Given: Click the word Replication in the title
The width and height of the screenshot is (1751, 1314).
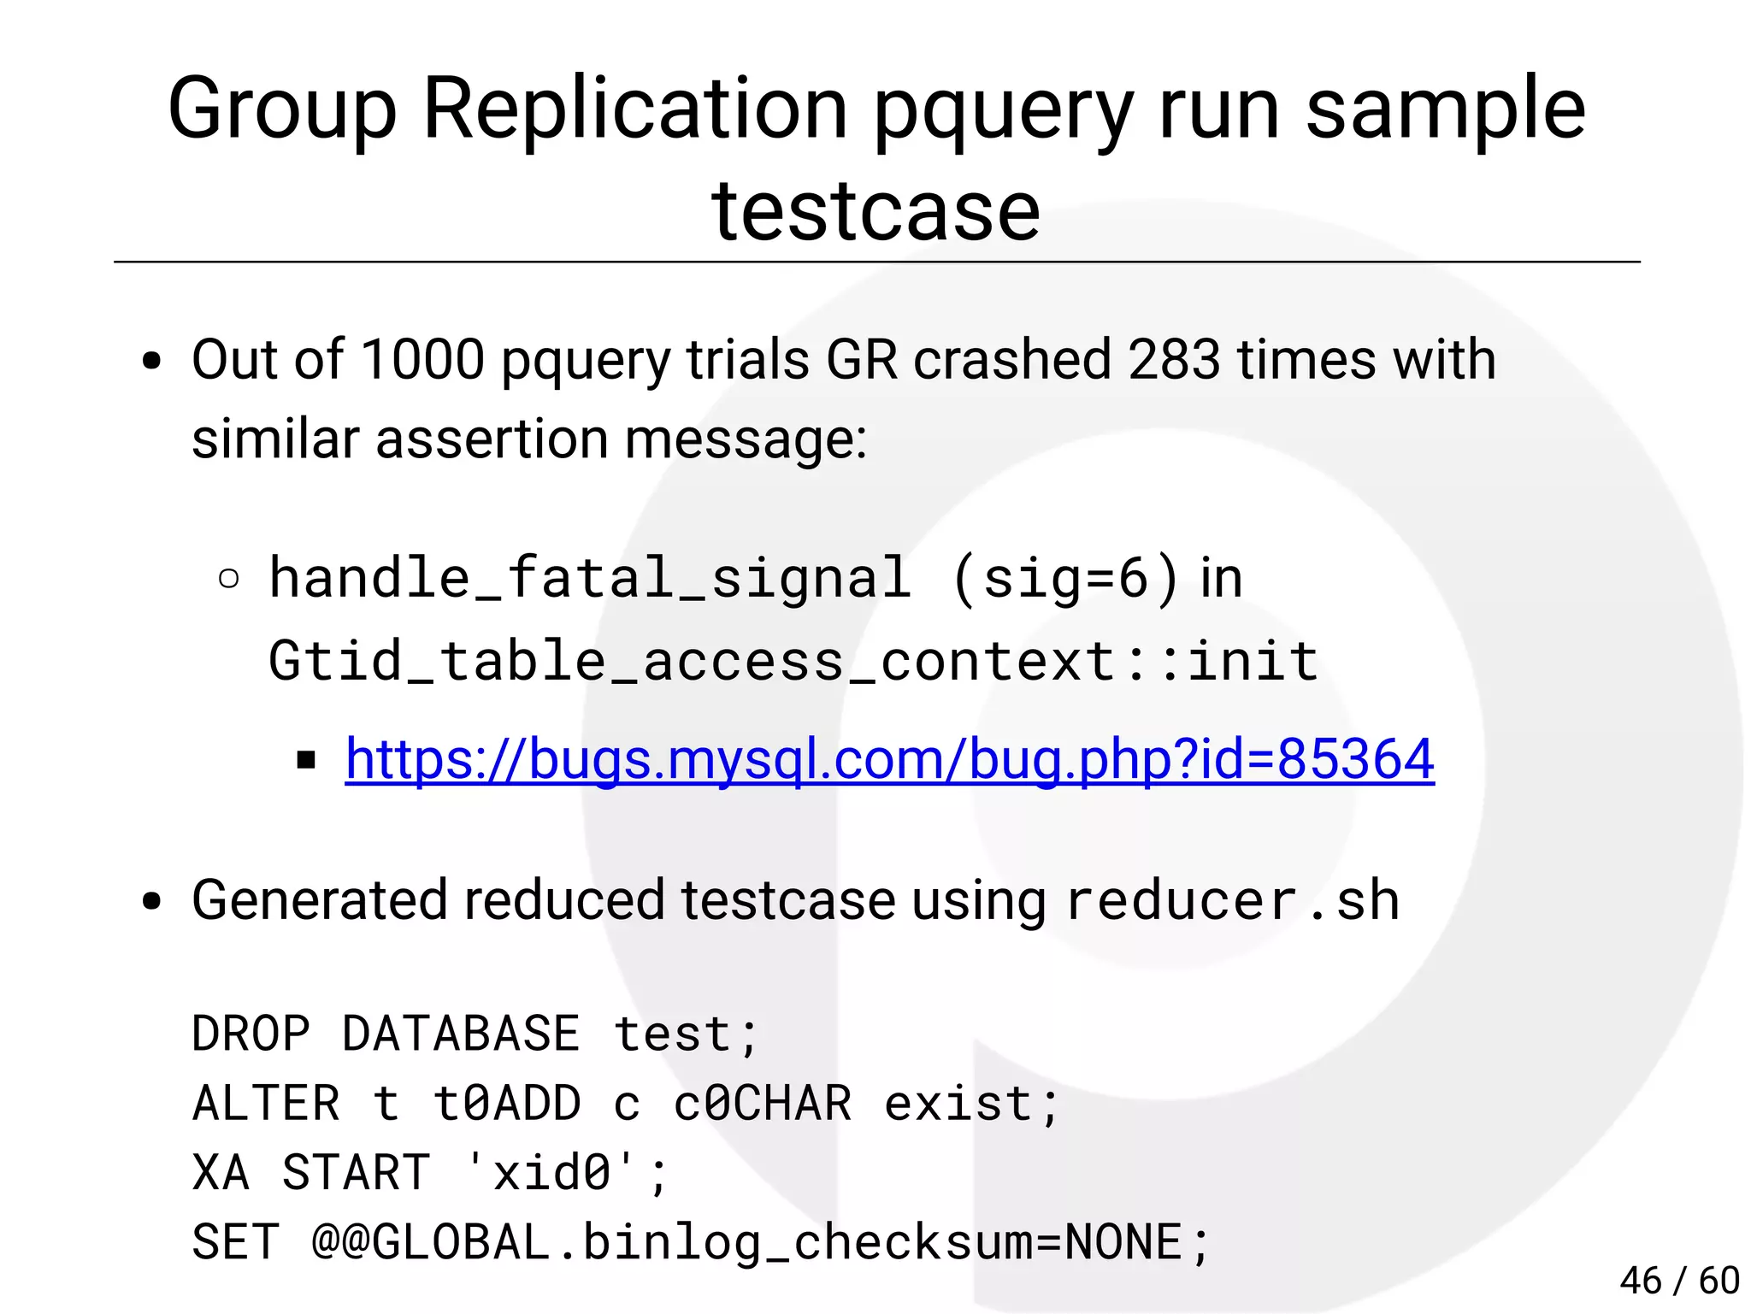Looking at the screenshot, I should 634,109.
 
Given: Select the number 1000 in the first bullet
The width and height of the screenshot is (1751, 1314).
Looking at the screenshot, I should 422,359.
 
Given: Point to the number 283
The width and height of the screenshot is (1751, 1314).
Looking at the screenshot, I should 1174,359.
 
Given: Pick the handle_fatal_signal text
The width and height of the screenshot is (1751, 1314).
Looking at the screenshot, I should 590,578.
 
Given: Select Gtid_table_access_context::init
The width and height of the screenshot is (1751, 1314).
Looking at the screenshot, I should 793,661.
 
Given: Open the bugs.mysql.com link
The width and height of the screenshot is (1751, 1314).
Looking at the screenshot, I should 889,759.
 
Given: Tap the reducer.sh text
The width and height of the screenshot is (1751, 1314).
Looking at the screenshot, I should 1232,900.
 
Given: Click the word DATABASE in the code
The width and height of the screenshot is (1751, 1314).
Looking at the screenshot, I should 461,1034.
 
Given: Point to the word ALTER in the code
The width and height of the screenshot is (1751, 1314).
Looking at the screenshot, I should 266,1103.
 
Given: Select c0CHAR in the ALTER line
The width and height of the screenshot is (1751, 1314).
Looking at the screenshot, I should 763,1103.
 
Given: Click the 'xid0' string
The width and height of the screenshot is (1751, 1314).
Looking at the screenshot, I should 551,1172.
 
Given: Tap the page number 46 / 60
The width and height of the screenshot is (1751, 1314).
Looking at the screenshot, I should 1679,1281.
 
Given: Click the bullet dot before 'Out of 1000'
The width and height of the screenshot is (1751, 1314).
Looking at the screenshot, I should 152,361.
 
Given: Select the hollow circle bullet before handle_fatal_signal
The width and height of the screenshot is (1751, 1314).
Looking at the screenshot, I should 228,580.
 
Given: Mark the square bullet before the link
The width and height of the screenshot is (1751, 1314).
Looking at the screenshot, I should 306,760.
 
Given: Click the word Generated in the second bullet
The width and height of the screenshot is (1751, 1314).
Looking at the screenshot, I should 319,900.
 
